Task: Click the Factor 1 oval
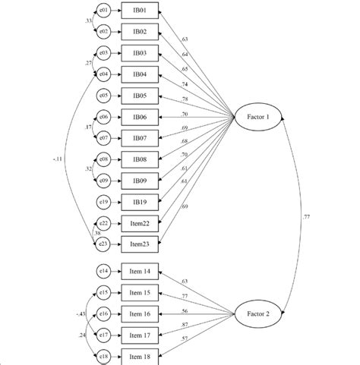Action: pyautogui.click(x=257, y=117)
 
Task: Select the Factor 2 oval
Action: pyautogui.click(x=257, y=313)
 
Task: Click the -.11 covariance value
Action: pyautogui.click(x=58, y=160)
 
